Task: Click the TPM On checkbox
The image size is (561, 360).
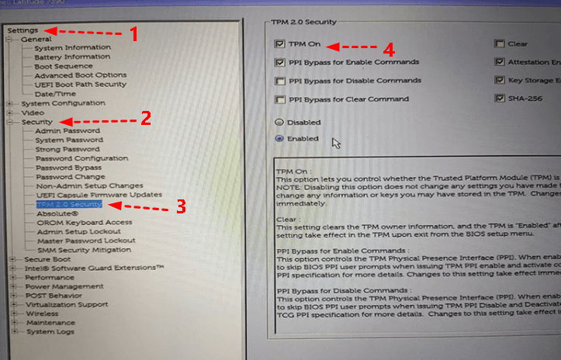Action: [x=279, y=45]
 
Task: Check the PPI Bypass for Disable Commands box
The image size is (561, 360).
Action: [x=279, y=81]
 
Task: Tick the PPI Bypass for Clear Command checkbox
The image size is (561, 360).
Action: [x=279, y=99]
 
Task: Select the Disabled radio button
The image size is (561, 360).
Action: [x=279, y=123]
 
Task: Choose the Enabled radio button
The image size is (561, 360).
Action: [x=279, y=139]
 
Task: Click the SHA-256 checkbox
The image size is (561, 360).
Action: [x=500, y=99]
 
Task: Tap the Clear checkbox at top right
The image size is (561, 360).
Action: [x=500, y=44]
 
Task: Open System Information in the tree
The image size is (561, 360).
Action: [x=71, y=48]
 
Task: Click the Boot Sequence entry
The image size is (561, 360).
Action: [x=64, y=66]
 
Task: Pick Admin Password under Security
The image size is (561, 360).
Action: [x=67, y=131]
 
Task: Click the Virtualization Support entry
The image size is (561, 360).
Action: [x=66, y=304]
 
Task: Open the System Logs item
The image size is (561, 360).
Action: [x=50, y=331]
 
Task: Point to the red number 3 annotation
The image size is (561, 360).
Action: [x=179, y=206]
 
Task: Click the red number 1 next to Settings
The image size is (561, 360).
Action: [x=133, y=33]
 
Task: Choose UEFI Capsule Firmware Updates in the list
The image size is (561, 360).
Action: [x=98, y=195]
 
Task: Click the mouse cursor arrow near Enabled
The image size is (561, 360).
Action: [x=334, y=143]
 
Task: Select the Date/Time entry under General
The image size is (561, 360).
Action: [x=55, y=94]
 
